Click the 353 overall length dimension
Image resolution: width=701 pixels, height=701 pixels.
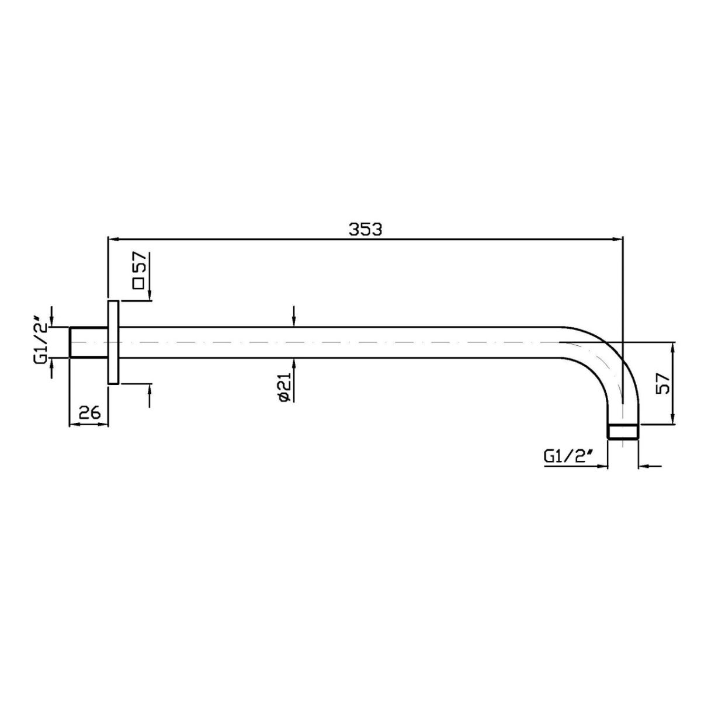[365, 230]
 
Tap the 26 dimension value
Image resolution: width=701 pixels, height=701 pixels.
[89, 413]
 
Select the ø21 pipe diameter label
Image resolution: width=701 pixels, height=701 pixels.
[285, 387]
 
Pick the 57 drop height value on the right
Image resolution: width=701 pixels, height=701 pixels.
[662, 383]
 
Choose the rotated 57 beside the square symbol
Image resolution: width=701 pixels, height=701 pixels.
[139, 262]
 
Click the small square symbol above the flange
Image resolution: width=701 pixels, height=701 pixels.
[139, 283]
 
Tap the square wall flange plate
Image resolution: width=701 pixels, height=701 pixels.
[113, 342]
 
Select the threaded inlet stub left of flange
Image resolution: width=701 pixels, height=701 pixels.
[88, 342]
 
